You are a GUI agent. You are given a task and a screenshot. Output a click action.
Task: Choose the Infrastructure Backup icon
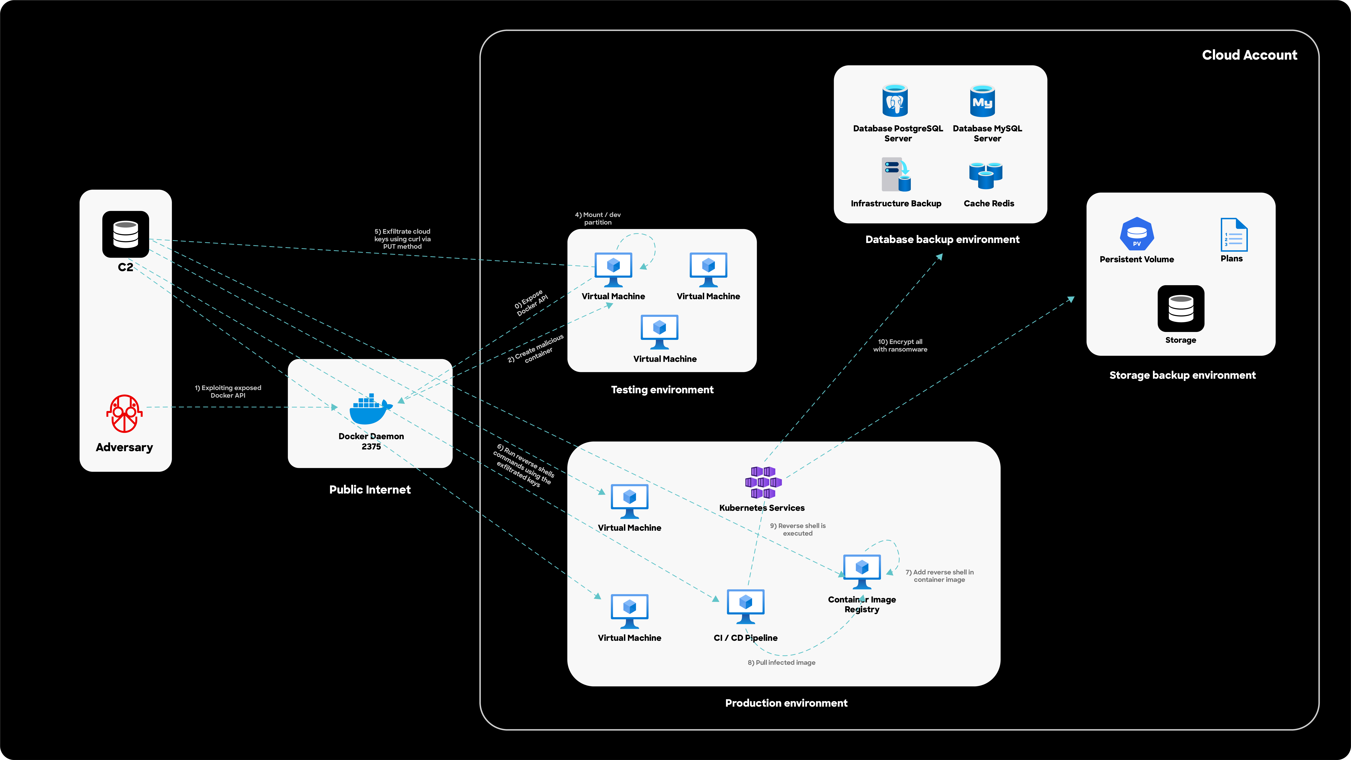click(x=896, y=175)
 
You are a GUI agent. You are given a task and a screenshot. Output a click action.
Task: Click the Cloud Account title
click(x=1249, y=55)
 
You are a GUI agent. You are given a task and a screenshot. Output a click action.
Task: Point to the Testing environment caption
click(x=662, y=390)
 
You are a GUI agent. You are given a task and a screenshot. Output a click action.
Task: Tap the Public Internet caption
click(x=370, y=489)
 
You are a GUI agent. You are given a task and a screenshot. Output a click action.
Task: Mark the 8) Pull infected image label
click(x=781, y=662)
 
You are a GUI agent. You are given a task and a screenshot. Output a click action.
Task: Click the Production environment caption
click(x=786, y=703)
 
